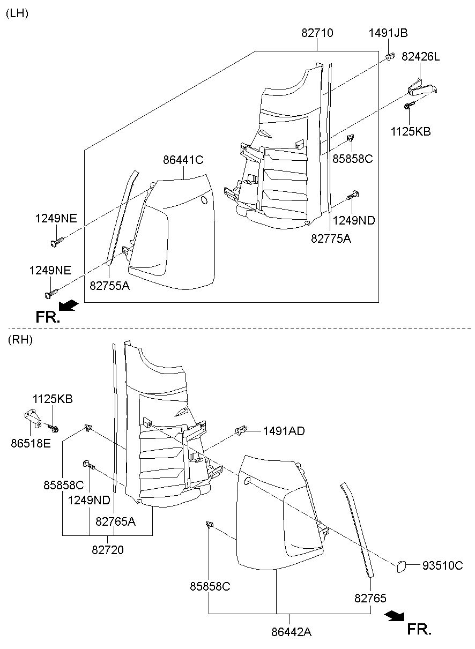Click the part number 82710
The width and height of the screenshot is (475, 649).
(x=317, y=33)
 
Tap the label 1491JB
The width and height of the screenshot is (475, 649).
(x=388, y=33)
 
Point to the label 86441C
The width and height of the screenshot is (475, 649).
(x=183, y=159)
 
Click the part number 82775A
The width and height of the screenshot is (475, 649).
(x=331, y=238)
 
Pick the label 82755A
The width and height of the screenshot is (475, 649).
(x=109, y=286)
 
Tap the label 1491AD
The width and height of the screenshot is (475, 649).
(x=283, y=430)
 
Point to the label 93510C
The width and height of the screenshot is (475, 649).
(x=442, y=565)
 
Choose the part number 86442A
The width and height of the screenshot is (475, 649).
(x=291, y=632)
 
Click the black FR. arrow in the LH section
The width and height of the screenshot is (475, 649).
(x=68, y=305)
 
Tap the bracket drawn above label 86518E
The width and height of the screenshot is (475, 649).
(x=33, y=416)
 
